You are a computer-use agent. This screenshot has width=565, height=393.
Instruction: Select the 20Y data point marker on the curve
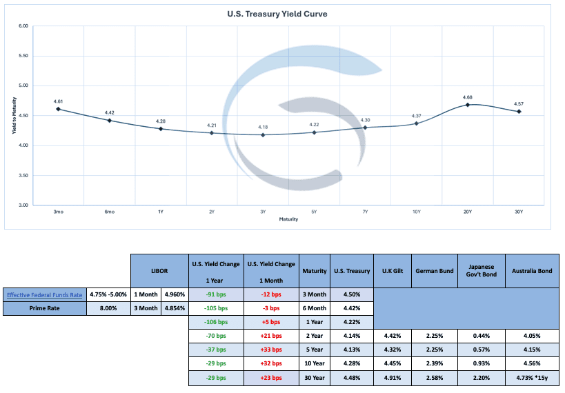tap(468, 105)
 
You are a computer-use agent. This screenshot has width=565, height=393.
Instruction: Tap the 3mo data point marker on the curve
tap(58, 109)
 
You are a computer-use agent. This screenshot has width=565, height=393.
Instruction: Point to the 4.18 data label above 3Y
tap(263, 127)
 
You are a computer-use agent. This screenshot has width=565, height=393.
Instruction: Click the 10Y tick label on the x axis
tap(417, 212)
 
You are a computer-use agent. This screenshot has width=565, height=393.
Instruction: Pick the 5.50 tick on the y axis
tap(23, 56)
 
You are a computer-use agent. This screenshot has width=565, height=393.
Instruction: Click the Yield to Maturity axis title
tap(14, 116)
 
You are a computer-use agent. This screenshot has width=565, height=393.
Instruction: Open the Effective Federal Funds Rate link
tap(44, 294)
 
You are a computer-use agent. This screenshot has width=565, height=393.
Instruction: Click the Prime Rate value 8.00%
tap(108, 309)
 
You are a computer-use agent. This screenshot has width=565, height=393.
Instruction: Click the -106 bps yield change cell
tap(216, 323)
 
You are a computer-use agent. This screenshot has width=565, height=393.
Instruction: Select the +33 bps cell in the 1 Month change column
tap(272, 350)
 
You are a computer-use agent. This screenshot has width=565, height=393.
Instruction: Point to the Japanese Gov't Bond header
tap(481, 270)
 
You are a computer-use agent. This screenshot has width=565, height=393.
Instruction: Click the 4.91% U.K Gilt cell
tap(392, 378)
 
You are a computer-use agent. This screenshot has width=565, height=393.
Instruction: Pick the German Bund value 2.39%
tap(435, 364)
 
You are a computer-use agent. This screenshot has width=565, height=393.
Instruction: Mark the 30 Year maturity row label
tap(315, 378)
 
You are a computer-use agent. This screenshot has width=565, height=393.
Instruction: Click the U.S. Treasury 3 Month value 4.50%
tap(352, 294)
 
